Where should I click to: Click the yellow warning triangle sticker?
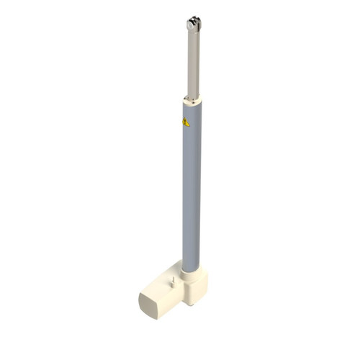[x=186, y=122]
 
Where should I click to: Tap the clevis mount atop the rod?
[x=192, y=24]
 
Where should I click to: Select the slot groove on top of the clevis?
[x=193, y=19]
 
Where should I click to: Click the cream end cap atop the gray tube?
[x=192, y=99]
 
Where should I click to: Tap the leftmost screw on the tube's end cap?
[x=186, y=99]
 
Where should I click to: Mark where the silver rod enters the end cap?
[x=192, y=96]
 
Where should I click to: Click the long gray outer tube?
[x=192, y=187]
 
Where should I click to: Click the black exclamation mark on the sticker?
[x=186, y=122]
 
